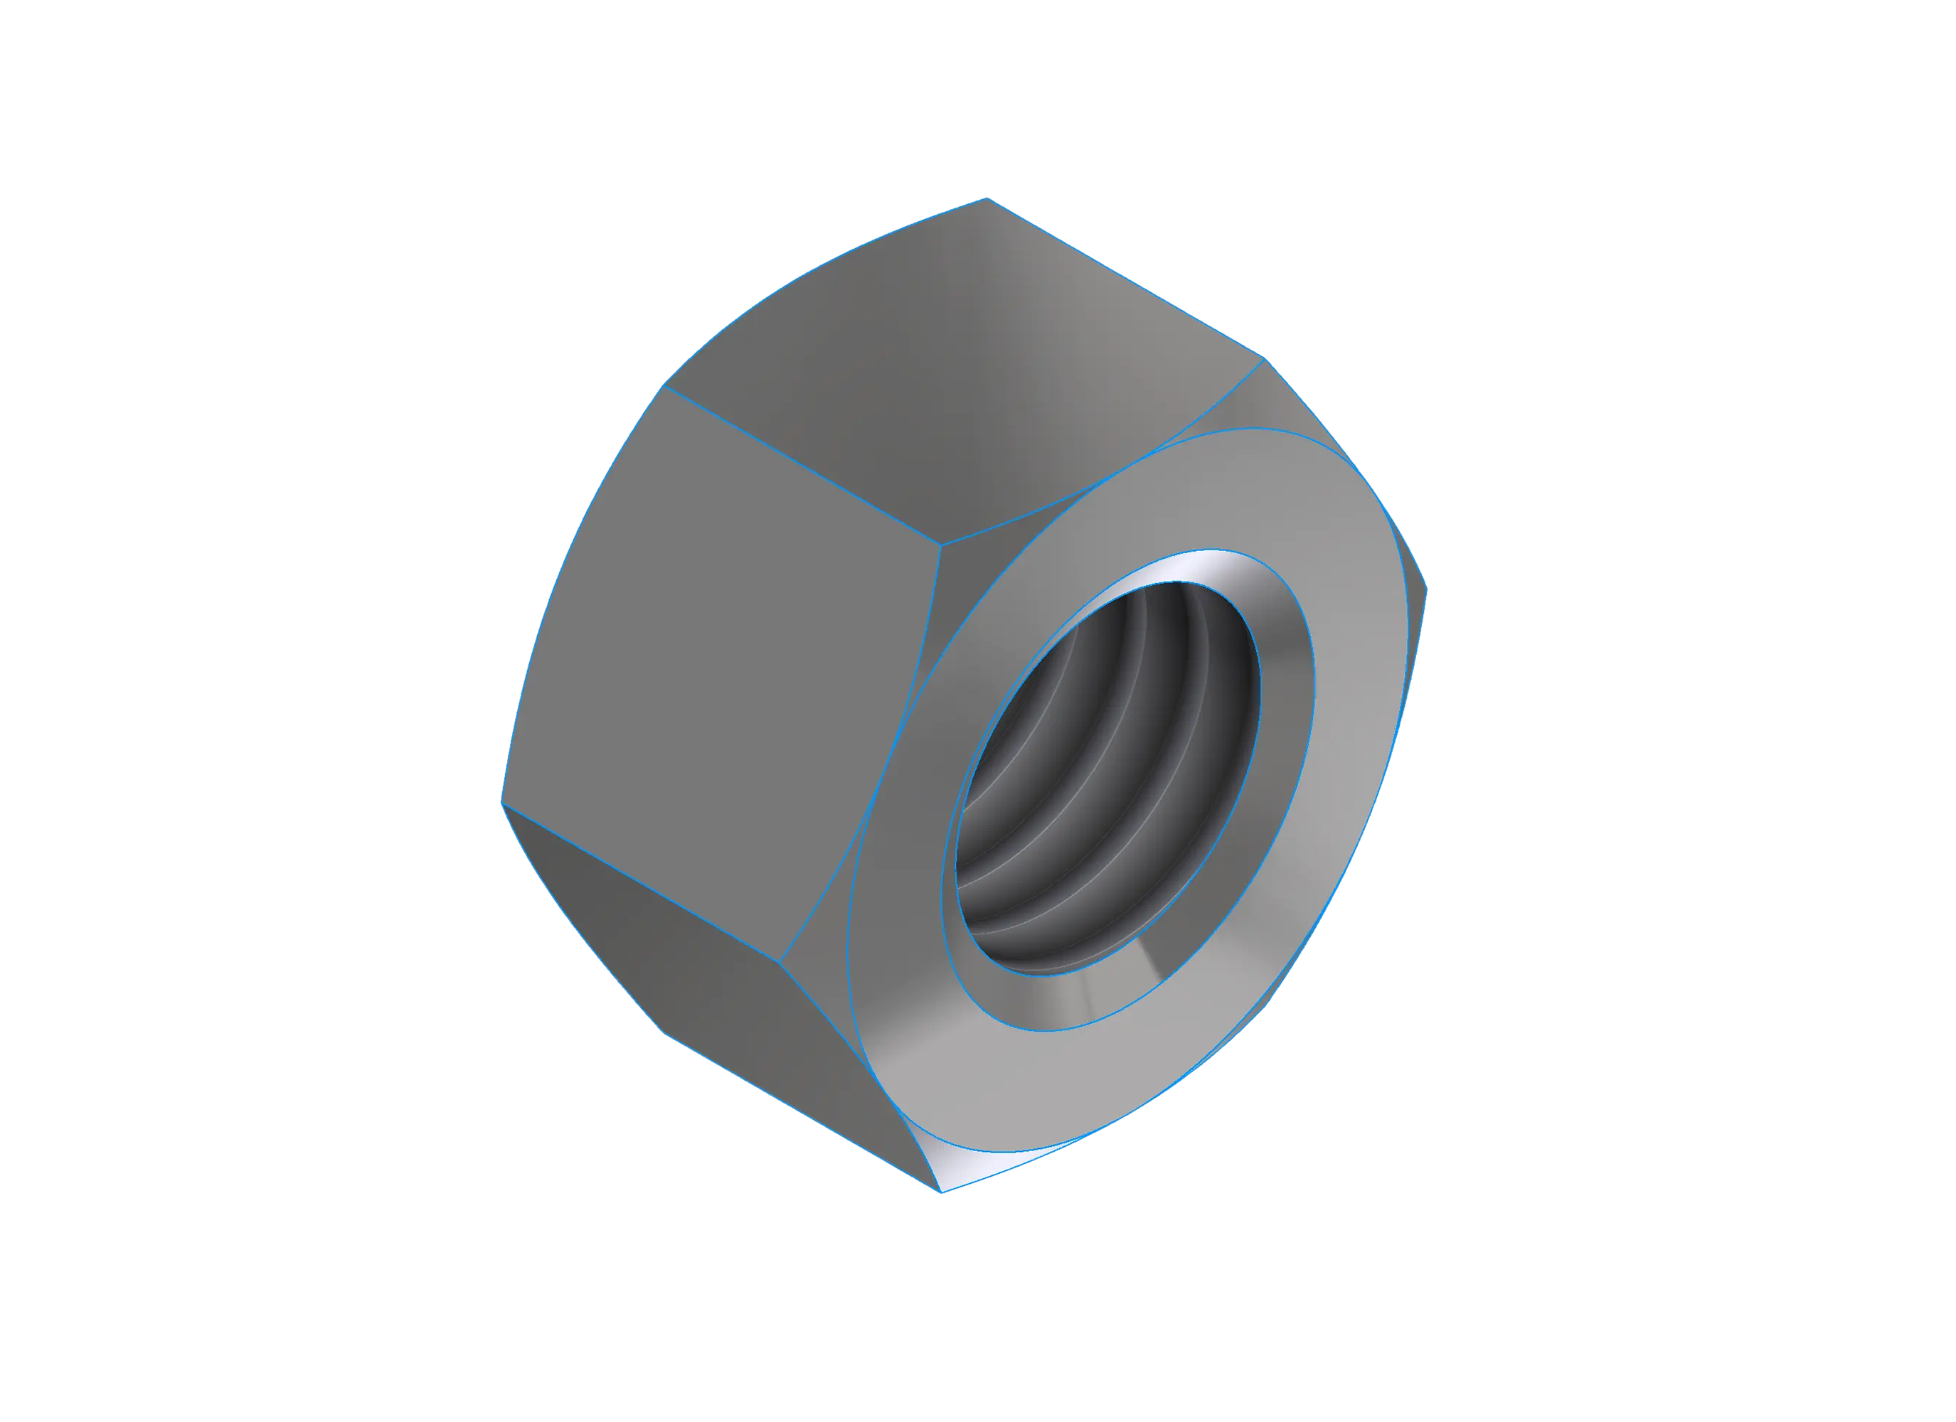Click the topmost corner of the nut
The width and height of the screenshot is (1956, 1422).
coord(987,198)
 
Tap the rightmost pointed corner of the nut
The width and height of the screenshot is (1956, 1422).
coord(1427,590)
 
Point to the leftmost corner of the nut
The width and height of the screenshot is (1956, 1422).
coord(502,802)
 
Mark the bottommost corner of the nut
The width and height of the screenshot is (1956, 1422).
coord(941,1192)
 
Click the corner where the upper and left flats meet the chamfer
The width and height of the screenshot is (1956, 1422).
coord(941,545)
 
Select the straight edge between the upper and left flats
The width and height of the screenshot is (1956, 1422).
coord(802,466)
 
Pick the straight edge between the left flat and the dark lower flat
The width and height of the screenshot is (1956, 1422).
coord(642,883)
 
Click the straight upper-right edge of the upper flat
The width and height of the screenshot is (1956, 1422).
coord(1125,279)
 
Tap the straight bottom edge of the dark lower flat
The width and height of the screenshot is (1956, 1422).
coord(802,1113)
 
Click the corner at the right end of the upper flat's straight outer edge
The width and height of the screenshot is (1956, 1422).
coord(1263,358)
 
